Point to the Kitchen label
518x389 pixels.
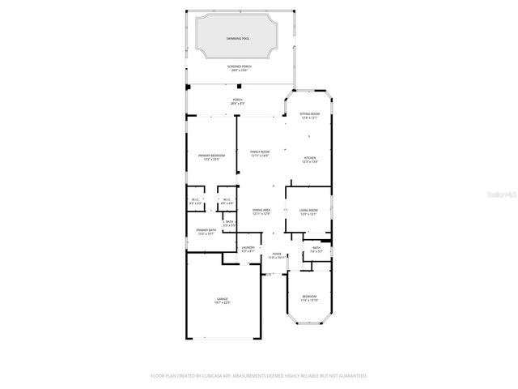[310, 160]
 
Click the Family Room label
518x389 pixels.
[260, 153]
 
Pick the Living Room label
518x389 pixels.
[308, 212]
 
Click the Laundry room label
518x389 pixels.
[248, 249]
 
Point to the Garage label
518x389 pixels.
[222, 301]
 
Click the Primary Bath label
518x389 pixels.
[205, 232]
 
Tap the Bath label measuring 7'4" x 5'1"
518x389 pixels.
[316, 250]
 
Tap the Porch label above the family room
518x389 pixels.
[236, 101]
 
